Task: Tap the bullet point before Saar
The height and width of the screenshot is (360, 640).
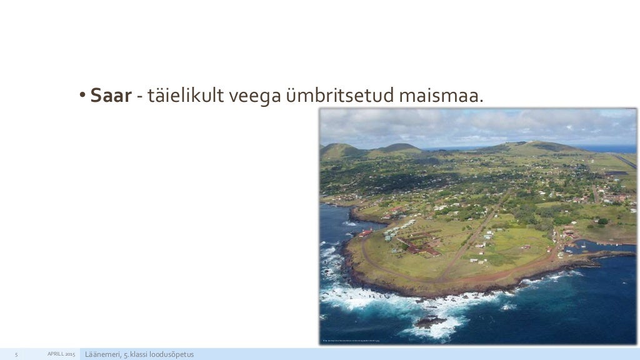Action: pos(82,97)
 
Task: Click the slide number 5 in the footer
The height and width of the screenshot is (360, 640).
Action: pos(17,355)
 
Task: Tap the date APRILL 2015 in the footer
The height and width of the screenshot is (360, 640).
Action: pos(61,355)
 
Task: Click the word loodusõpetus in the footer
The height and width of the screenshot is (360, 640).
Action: pos(172,355)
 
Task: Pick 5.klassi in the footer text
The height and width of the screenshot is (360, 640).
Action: pos(137,355)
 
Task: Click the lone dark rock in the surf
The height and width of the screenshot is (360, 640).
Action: pos(431,321)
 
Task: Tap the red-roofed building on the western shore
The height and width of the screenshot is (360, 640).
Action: pos(366,232)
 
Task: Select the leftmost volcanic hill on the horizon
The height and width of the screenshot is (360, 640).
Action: pos(339,150)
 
